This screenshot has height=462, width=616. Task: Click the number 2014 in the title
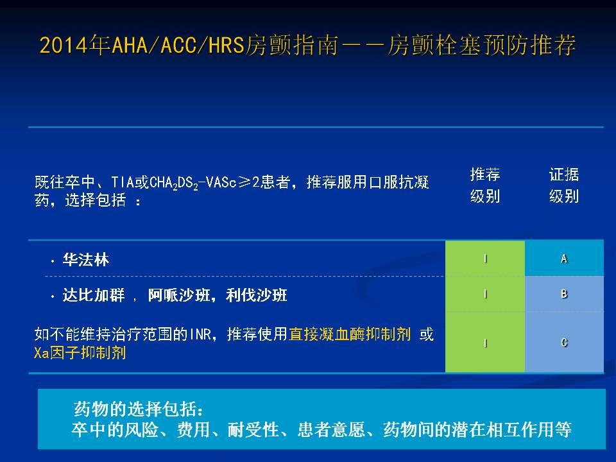tap(64, 45)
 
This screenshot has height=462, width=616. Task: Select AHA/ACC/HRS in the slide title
tap(178, 45)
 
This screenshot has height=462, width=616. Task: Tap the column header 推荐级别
tap(485, 185)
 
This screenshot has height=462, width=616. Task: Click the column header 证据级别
tap(564, 185)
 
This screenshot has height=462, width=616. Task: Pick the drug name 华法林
tap(85, 260)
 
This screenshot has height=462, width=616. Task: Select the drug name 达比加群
tap(94, 295)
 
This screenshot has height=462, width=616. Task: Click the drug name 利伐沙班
tap(256, 295)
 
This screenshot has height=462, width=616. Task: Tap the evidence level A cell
tap(564, 258)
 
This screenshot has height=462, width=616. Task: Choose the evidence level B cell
tap(564, 294)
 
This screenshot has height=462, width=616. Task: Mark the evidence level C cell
tap(564, 342)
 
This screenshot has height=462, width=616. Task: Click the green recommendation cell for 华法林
tap(485, 258)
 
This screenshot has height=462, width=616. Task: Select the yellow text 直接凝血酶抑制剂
tap(350, 334)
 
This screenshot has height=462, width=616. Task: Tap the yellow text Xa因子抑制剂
tap(80, 352)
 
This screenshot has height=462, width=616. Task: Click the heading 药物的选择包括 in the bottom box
tap(139, 409)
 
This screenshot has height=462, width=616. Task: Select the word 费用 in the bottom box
tap(193, 429)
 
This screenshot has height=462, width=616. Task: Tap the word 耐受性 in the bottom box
tap(253, 429)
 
